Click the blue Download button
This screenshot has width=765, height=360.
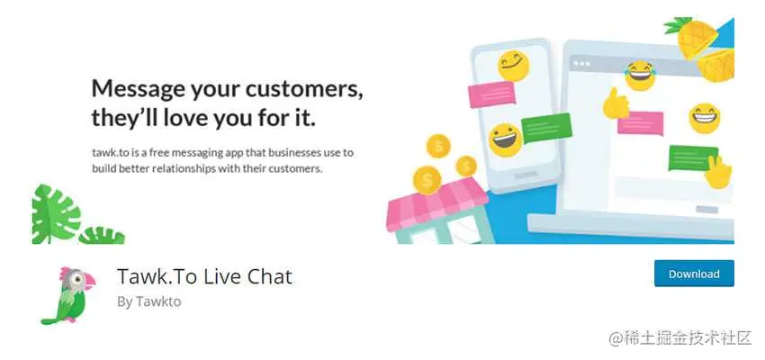pyautogui.click(x=694, y=274)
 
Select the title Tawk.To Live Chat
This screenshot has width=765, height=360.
pyautogui.click(x=204, y=276)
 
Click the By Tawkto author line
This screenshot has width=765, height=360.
pyautogui.click(x=148, y=301)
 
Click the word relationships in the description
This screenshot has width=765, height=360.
pyautogui.click(x=199, y=168)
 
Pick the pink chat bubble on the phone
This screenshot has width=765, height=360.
pyautogui.click(x=493, y=93)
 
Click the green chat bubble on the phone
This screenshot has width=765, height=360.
pyautogui.click(x=547, y=131)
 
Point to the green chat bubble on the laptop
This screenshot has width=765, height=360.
pyautogui.click(x=693, y=157)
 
